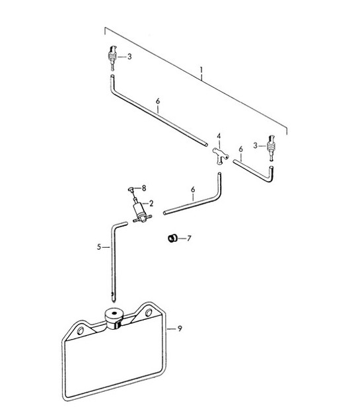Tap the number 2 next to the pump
tap(151, 203)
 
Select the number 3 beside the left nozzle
tap(129, 57)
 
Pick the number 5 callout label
tap(98, 247)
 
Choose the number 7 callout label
tap(189, 237)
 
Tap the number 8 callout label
tap(145, 189)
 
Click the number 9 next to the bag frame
tap(178, 326)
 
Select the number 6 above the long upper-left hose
tap(157, 102)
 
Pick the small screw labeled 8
tap(133, 189)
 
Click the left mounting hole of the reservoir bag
tap(80, 330)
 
